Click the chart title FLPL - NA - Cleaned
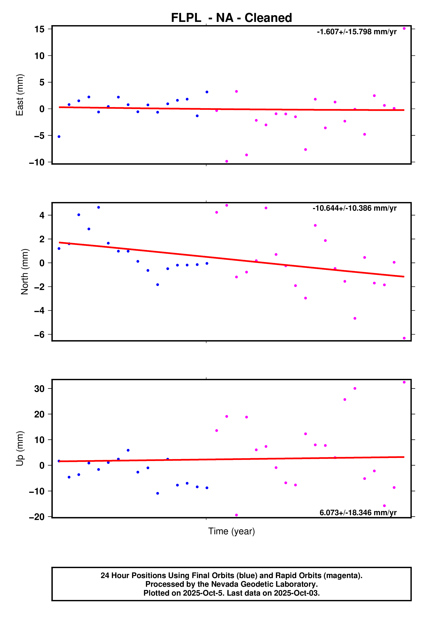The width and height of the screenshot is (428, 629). tap(231, 18)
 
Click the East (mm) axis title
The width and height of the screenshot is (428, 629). tap(20, 95)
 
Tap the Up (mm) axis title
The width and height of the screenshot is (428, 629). tap(20, 448)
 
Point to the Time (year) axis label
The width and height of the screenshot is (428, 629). tap(231, 531)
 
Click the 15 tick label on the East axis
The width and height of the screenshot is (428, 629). tap(39, 29)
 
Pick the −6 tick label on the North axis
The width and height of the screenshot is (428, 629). tap(39, 334)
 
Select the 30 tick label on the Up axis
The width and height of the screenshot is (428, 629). tap(39, 389)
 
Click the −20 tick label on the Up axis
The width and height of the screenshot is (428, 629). tap(37, 517)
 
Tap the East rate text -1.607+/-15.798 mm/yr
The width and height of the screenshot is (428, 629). tap(357, 32)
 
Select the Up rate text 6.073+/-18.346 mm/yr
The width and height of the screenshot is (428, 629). tap(358, 513)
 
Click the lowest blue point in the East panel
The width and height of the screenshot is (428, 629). tap(59, 137)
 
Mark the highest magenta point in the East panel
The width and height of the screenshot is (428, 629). tap(404, 28)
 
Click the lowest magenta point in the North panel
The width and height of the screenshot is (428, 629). tap(404, 338)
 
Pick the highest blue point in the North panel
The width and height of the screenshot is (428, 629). tap(99, 207)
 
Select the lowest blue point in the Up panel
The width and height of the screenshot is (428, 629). tap(158, 493)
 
